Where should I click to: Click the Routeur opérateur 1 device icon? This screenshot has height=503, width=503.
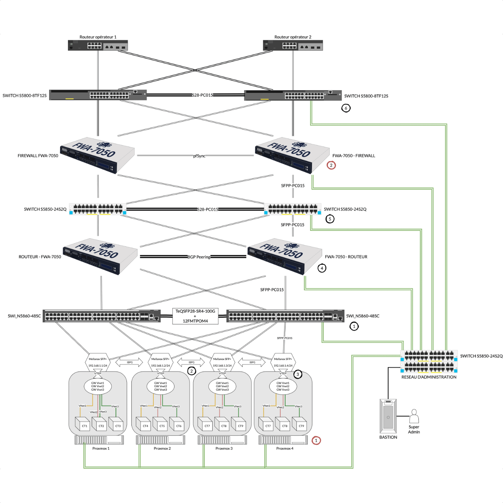click(x=98, y=45)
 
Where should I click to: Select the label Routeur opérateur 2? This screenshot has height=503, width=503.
click(x=293, y=37)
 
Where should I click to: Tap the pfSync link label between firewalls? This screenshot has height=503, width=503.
click(x=199, y=156)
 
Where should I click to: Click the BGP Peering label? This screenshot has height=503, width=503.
click(x=199, y=257)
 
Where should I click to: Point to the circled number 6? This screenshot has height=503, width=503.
click(x=346, y=108)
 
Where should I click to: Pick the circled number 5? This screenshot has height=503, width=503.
click(x=330, y=219)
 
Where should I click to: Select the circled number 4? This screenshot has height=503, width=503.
click(x=322, y=268)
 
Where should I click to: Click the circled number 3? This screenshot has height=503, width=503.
click(x=298, y=374)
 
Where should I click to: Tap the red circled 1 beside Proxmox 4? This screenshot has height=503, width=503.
click(x=316, y=440)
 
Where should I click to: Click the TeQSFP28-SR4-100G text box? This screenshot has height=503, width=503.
click(x=195, y=316)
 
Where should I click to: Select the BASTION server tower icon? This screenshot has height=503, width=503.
click(x=388, y=416)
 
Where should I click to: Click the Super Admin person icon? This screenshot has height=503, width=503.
click(x=414, y=417)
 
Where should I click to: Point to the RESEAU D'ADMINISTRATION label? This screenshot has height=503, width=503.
click(x=429, y=377)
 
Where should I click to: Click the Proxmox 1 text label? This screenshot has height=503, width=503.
click(x=101, y=448)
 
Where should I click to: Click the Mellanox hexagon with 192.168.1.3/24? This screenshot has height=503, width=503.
click(x=222, y=362)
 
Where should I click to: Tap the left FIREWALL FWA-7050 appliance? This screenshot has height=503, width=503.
click(x=97, y=155)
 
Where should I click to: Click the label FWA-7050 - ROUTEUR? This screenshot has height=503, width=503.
click(x=346, y=257)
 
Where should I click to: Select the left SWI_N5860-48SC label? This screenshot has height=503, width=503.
click(x=24, y=316)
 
